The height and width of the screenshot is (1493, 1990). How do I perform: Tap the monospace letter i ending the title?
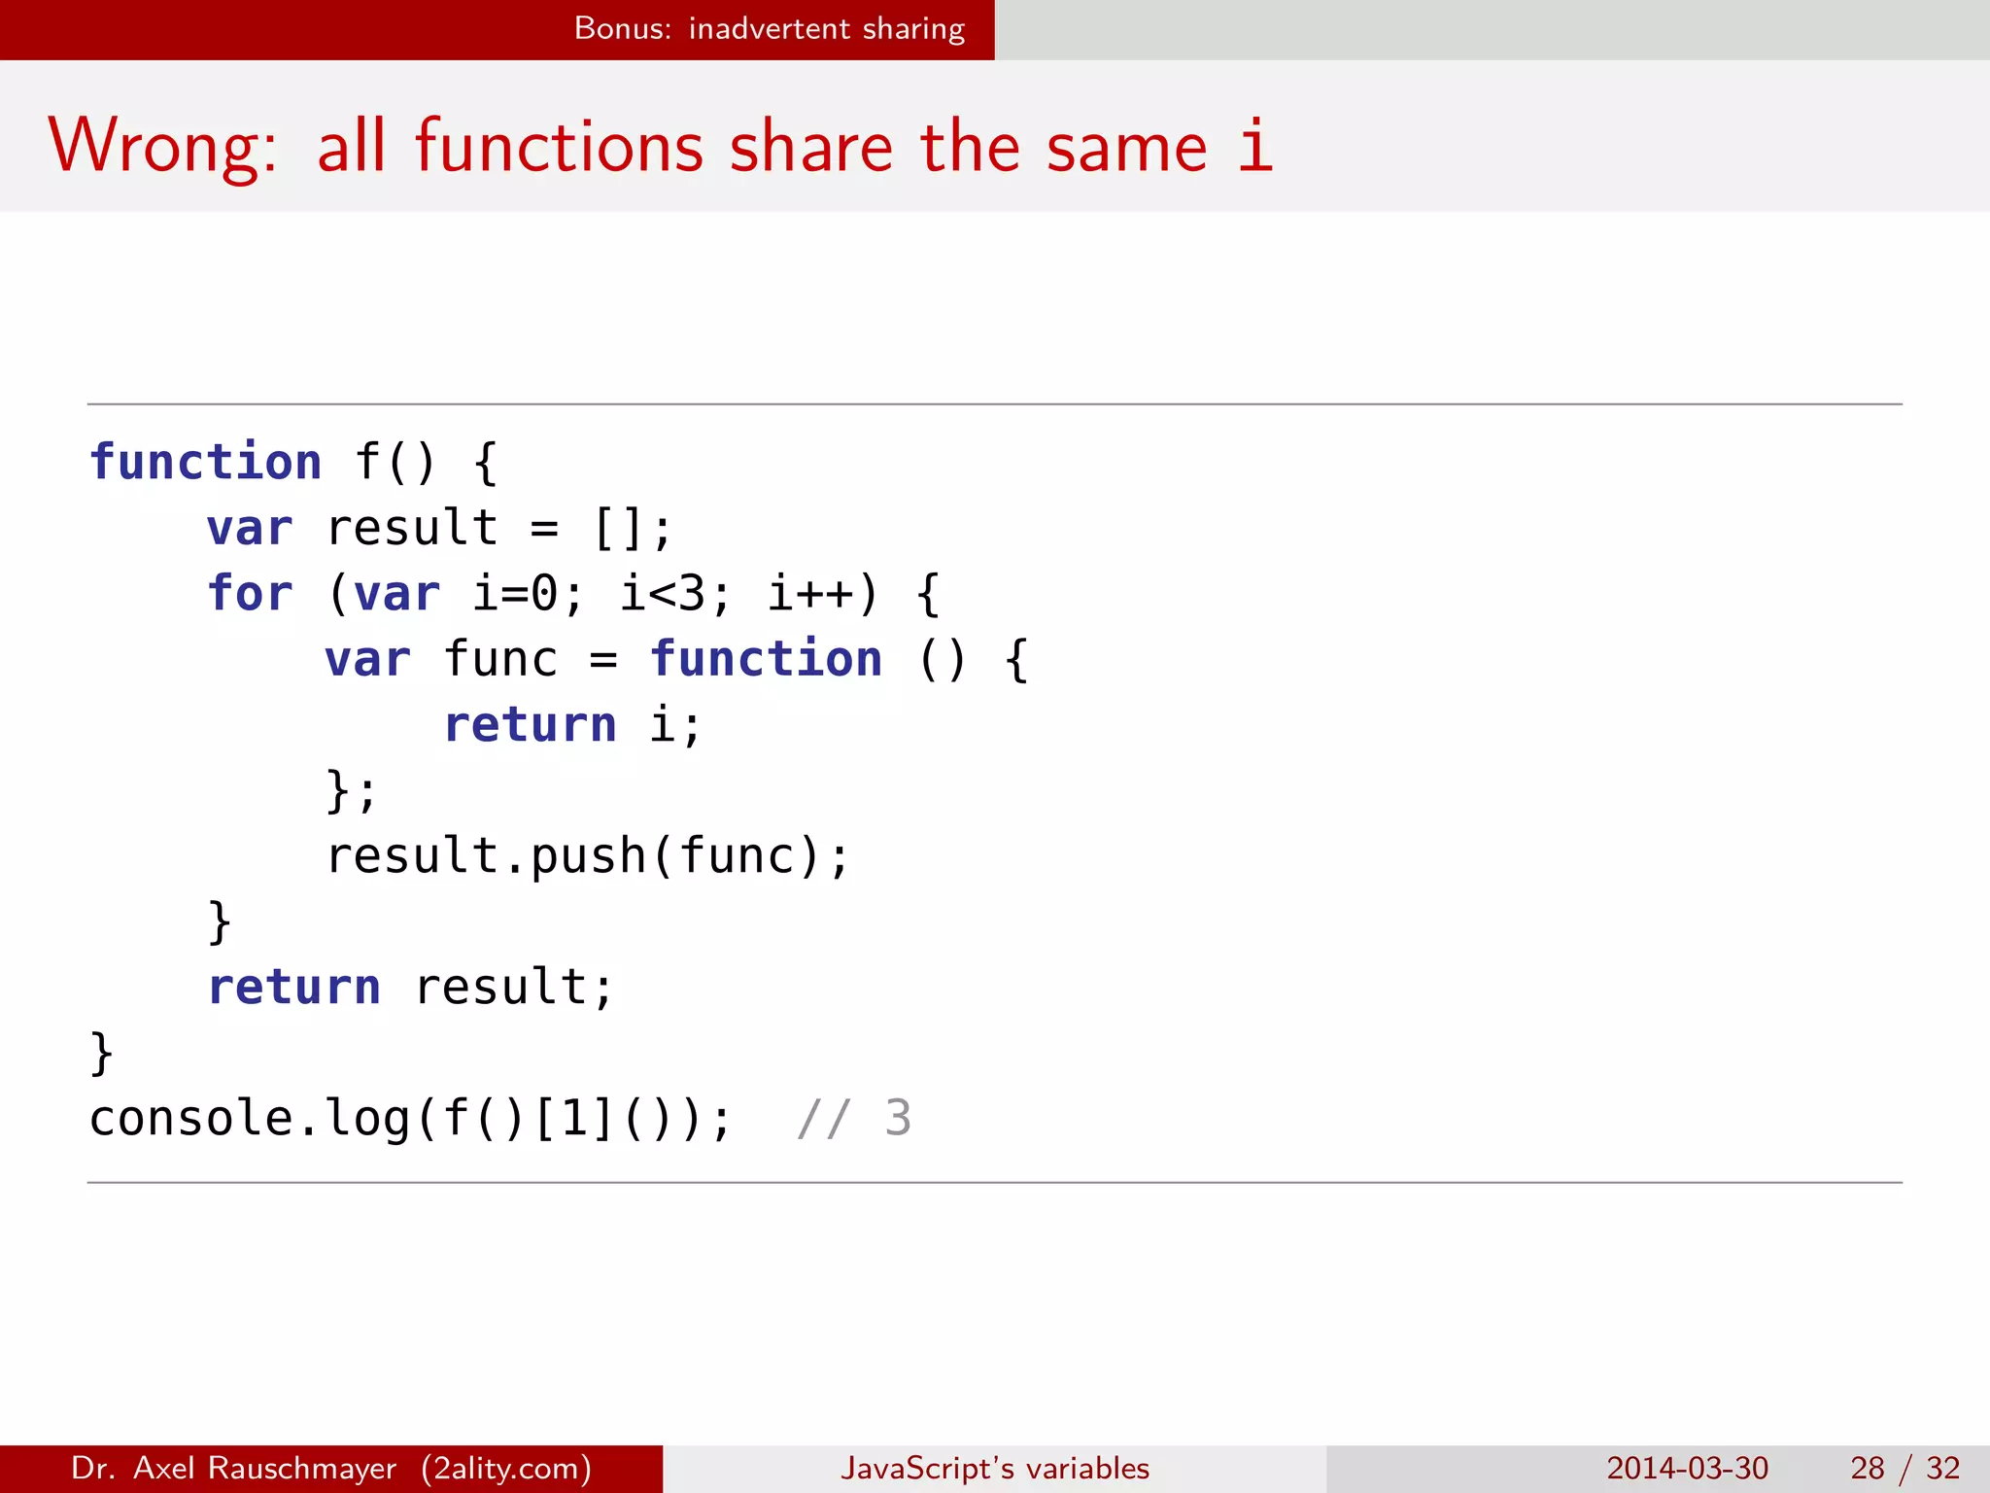pos(1254,146)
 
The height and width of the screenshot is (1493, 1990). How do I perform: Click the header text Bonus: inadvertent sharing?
pos(769,29)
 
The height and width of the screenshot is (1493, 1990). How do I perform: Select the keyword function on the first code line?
pos(205,462)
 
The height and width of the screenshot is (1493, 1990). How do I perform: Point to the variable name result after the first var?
pos(412,528)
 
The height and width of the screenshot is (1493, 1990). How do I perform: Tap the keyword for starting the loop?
pos(250,593)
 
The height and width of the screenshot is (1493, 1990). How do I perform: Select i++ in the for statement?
pos(811,593)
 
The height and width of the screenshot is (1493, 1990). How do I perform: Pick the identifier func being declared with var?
pos(500,659)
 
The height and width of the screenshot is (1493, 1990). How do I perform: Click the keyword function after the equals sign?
pos(766,659)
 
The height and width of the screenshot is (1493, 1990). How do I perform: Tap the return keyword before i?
pos(530,725)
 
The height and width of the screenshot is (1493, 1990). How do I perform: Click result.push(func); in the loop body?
pos(587,856)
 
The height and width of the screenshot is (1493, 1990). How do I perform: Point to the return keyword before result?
pos(294,988)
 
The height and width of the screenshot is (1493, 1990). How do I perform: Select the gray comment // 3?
pos(854,1118)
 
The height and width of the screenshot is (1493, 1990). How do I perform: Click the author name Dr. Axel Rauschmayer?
pos(234,1468)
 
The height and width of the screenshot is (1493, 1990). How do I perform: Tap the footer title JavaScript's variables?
pos(994,1468)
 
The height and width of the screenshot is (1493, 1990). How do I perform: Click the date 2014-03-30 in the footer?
pos(1687,1468)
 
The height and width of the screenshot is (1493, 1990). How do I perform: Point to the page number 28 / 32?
pos(1904,1468)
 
